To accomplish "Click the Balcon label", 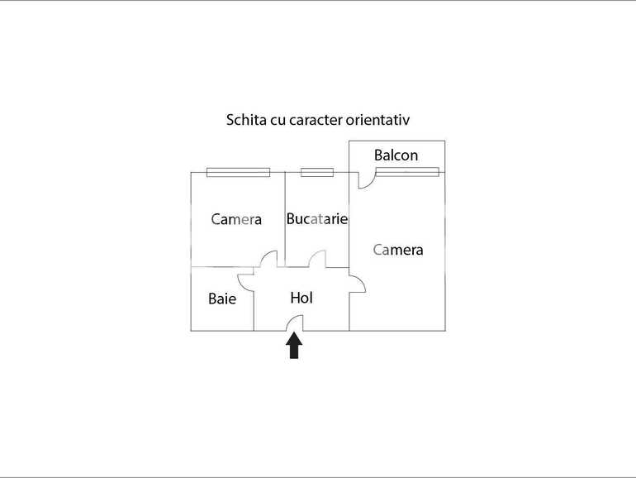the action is tap(396, 155).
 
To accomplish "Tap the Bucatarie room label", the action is tap(317, 219).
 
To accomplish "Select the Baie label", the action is tap(222, 299).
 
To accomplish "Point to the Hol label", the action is tap(301, 298).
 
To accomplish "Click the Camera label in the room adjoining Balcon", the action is tap(398, 250).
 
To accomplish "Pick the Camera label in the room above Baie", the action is tap(236, 220).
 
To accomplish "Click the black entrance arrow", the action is tap(294, 346).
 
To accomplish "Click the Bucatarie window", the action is tap(317, 172).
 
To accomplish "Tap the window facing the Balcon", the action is tap(407, 172).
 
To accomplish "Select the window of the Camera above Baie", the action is tap(239, 172).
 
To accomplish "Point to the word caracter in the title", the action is tap(316, 120).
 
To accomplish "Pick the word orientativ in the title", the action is tap(377, 120).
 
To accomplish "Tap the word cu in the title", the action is tap(278, 121).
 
